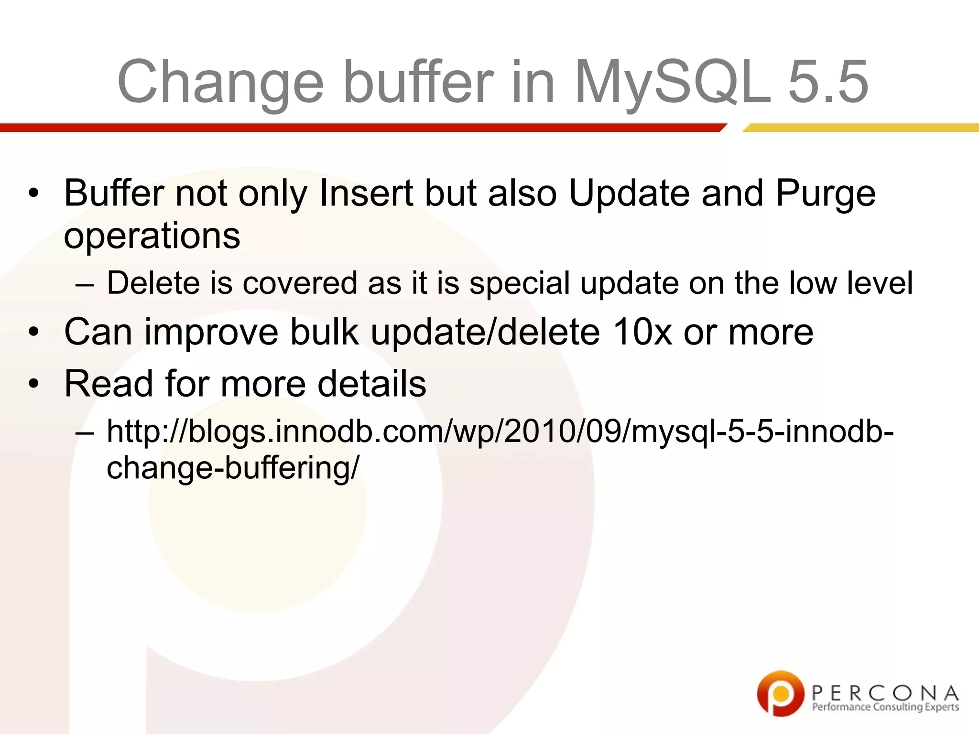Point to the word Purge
[x=826, y=194]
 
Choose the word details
[x=371, y=383]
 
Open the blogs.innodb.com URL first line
[x=500, y=431]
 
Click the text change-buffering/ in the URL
[x=232, y=467]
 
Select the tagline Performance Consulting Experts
[x=885, y=707]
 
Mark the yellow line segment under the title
[x=860, y=128]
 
